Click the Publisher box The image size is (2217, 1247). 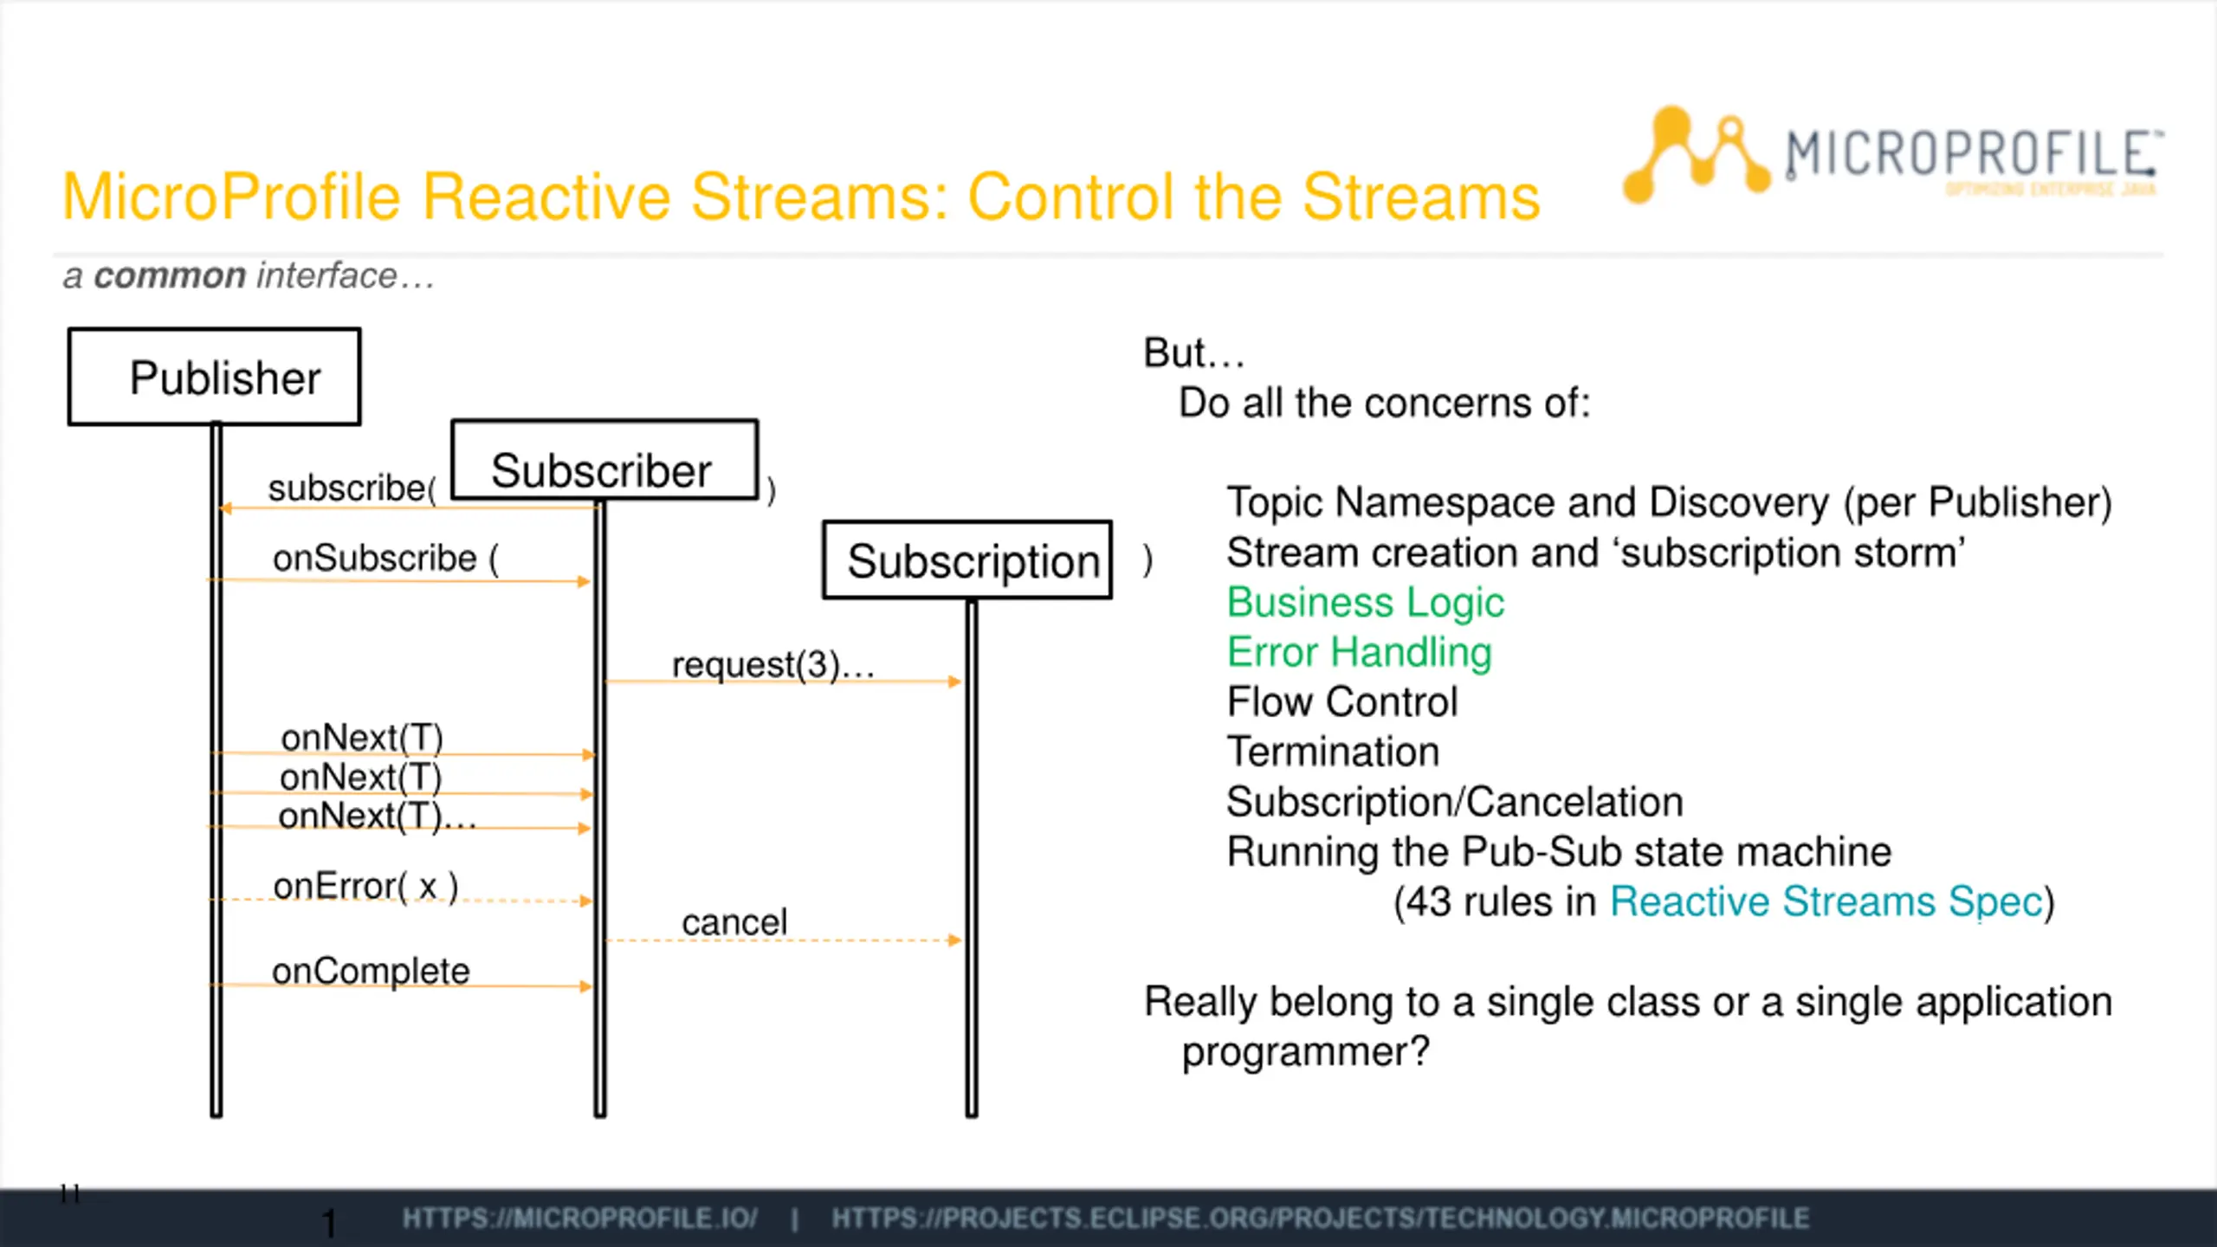pos(215,377)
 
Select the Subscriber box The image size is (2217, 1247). pos(604,461)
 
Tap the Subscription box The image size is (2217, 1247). pos(967,560)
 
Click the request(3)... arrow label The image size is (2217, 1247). pos(772,665)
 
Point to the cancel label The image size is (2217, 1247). pos(734,922)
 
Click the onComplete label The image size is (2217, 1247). pos(371,971)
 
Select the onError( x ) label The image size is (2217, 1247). pos(365,887)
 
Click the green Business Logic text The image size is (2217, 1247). pos(1366,603)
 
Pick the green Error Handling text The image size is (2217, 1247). pos(1360,652)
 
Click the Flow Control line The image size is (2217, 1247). pos(1342,702)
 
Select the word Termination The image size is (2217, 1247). pos(1333,752)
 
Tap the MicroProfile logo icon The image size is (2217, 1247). pos(1694,156)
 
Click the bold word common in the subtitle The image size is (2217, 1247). pos(170,276)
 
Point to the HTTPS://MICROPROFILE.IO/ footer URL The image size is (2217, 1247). pos(579,1218)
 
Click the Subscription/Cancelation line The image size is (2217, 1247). pos(1455,802)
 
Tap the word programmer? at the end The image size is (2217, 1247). pos(1305,1052)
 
